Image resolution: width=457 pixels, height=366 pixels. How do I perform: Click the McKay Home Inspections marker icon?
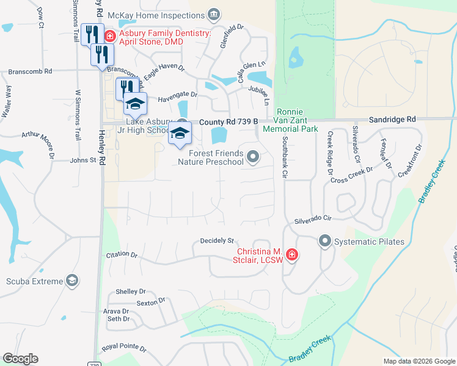tap(214, 14)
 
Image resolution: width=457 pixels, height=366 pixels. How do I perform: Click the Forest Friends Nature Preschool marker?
tap(253, 158)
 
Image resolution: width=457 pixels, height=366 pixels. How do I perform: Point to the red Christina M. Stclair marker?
tap(291, 254)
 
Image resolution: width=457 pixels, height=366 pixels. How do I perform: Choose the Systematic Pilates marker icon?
tap(324, 242)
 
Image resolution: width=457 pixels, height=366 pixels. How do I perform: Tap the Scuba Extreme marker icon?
tap(72, 281)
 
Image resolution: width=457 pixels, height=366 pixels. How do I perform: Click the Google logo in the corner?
tap(20, 359)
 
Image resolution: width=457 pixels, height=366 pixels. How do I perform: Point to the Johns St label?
tap(84, 160)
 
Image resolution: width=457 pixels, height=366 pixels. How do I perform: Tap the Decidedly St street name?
tap(218, 240)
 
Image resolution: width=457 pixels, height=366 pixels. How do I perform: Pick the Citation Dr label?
tap(122, 254)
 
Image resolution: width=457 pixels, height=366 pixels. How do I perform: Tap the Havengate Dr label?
tap(178, 95)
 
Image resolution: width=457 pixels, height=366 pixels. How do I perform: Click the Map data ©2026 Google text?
tap(419, 361)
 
